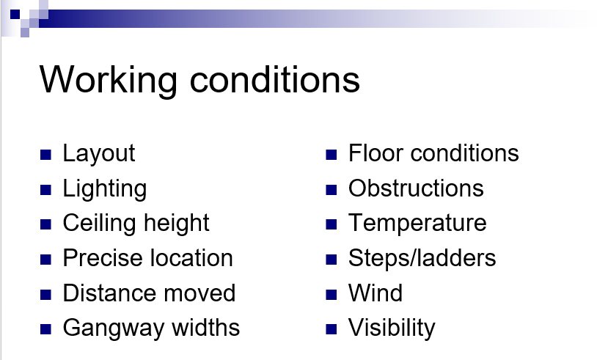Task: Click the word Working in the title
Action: point(108,81)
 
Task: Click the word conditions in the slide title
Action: point(274,79)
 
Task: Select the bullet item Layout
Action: point(99,154)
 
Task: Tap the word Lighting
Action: point(105,189)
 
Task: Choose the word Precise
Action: point(102,258)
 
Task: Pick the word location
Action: point(191,258)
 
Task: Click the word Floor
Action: point(376,153)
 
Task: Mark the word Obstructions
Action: point(416,188)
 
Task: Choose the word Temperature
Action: point(417,224)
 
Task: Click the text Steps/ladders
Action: point(422,259)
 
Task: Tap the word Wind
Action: point(376,293)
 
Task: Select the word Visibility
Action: point(392,328)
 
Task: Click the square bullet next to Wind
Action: point(332,295)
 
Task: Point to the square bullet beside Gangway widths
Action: point(45,329)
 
